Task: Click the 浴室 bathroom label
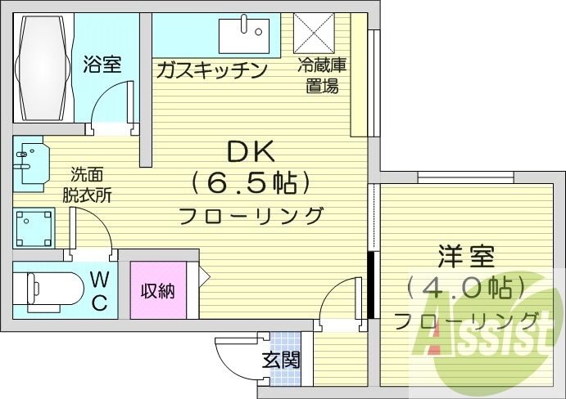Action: point(102,65)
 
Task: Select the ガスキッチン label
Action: point(212,70)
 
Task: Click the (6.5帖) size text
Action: point(251,183)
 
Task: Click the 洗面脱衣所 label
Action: point(88,185)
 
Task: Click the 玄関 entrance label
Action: point(280,359)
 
